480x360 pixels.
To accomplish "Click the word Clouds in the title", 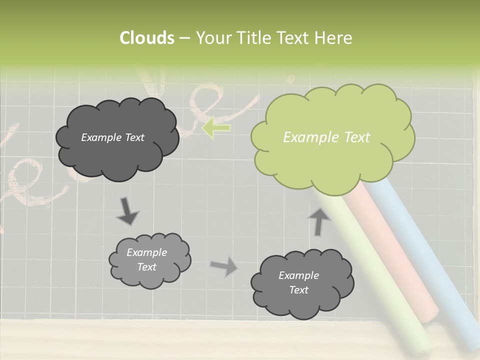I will [146, 38].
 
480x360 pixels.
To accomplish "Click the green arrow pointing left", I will [216, 128].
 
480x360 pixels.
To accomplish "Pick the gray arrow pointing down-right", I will [127, 211].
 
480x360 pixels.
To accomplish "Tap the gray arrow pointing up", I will [319, 220].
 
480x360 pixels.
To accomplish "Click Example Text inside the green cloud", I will [326, 137].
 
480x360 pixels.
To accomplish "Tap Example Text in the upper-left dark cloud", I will [112, 137].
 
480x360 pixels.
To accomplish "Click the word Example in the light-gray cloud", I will [146, 252].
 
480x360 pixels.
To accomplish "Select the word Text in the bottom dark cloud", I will [298, 290].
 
